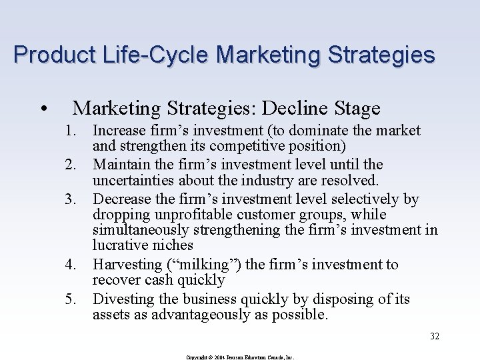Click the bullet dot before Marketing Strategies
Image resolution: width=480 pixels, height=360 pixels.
pos(43,109)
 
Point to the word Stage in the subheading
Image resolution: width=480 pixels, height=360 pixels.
pos(358,108)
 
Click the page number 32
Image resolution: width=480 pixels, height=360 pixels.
pos(435,337)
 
